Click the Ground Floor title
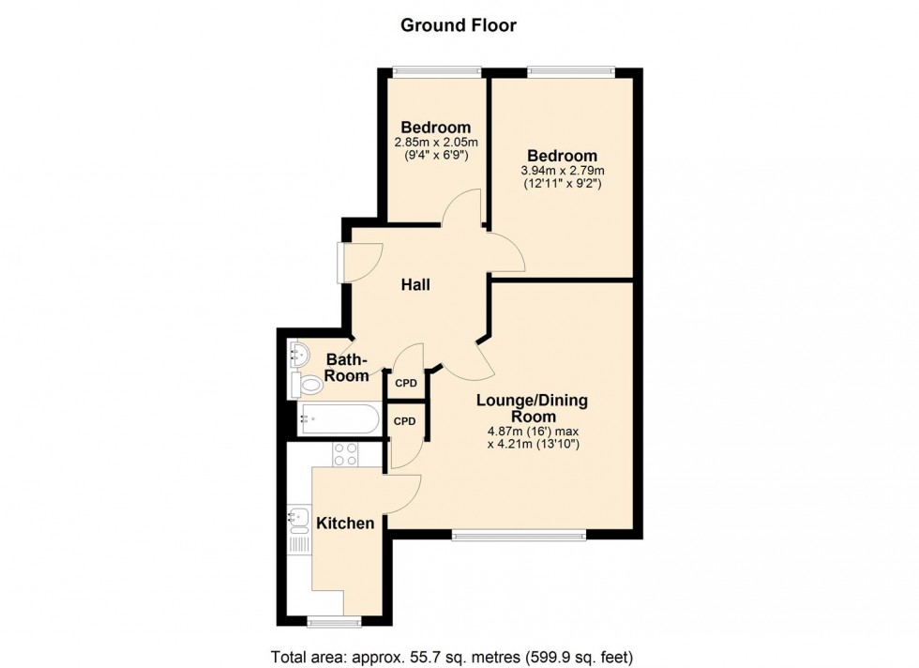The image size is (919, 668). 459,25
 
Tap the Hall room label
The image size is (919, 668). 415,284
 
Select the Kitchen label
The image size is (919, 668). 345,524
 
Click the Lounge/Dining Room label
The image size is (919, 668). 533,409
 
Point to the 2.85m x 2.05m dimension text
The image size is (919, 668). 436,144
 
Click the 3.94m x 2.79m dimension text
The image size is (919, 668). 563,171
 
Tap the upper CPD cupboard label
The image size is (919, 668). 406,384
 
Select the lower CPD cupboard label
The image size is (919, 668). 405,421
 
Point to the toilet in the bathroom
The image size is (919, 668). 307,384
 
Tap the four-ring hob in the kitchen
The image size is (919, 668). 345,453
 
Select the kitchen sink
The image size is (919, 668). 299,517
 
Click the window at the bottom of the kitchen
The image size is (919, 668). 335,621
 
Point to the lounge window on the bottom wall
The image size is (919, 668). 519,536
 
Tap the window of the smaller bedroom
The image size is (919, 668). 436,71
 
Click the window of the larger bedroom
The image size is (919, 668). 571,71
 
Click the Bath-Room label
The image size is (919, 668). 347,367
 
